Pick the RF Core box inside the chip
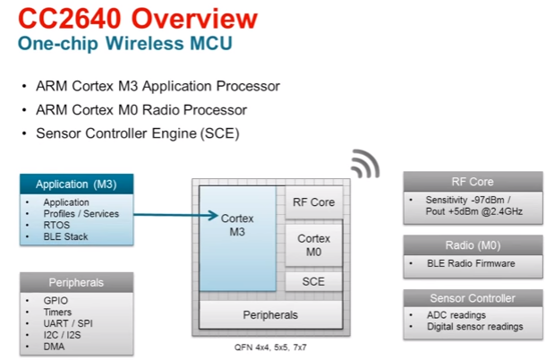[313, 201]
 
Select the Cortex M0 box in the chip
[313, 245]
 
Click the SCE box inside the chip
[313, 281]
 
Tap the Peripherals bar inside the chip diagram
[270, 314]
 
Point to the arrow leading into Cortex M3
[179, 215]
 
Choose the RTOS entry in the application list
[57, 226]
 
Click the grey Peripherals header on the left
[76, 282]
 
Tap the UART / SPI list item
[69, 323]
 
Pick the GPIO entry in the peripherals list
[55, 300]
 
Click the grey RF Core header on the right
[472, 181]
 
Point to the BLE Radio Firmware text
[471, 263]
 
